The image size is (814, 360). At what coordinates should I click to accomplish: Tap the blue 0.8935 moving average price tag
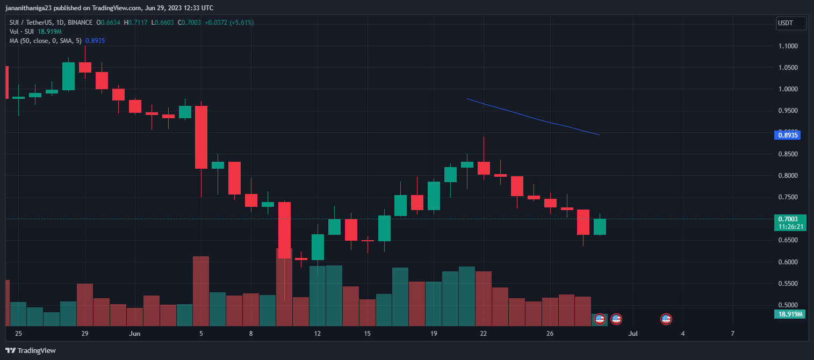[x=789, y=135]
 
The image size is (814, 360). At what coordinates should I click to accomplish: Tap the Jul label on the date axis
[x=633, y=334]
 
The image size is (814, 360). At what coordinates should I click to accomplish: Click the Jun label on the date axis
[x=135, y=334]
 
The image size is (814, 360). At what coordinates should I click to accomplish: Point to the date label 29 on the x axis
[x=85, y=334]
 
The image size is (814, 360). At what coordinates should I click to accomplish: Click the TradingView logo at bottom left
[x=31, y=350]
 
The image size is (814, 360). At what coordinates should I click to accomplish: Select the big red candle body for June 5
[x=201, y=137]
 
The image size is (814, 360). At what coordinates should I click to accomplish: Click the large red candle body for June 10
[x=284, y=230]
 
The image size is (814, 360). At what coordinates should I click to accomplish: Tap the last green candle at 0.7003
[x=599, y=227]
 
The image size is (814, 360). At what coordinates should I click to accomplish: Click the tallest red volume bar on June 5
[x=201, y=291]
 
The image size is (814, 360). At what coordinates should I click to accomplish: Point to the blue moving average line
[x=532, y=118]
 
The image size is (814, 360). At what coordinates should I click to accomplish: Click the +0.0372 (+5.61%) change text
[x=229, y=23]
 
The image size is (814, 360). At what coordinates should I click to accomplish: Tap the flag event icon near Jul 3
[x=666, y=319]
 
